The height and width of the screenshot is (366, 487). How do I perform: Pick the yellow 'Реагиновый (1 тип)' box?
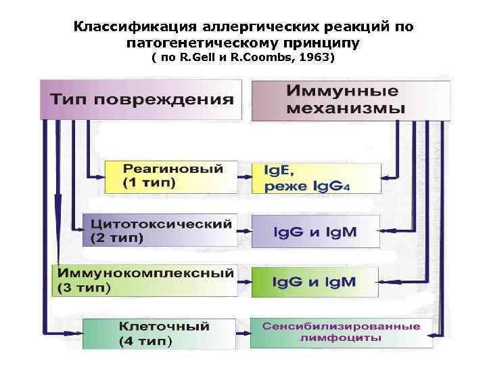pos(172,176)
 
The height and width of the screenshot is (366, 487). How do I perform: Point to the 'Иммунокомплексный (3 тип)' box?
pos(145,280)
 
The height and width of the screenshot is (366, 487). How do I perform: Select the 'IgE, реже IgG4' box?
pos(315,178)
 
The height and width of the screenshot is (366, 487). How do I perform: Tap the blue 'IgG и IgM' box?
pos(315,231)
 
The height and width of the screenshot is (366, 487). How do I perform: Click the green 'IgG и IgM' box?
pos(315,281)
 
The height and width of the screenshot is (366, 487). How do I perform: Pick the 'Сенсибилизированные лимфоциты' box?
pos(341,332)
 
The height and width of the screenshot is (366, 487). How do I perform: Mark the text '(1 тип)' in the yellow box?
pos(148,184)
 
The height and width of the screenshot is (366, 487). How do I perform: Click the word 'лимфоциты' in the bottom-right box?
pos(341,337)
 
